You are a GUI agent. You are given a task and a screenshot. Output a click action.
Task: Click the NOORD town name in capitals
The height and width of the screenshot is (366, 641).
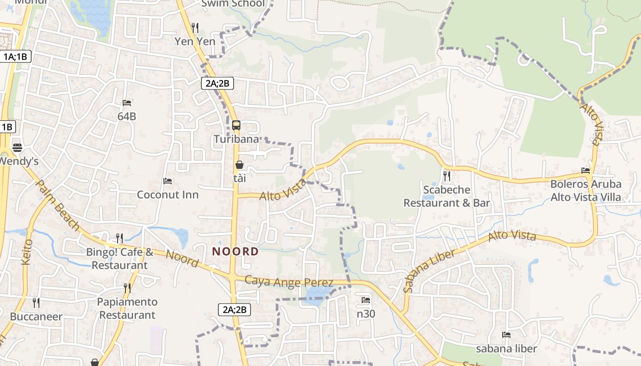tap(236, 251)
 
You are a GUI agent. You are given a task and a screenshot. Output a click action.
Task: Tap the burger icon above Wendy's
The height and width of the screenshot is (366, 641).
tap(17, 147)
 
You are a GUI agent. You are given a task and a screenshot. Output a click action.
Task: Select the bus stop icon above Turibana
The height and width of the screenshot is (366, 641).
tap(236, 125)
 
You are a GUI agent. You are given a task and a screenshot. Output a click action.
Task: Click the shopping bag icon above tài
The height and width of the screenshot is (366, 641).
tap(239, 164)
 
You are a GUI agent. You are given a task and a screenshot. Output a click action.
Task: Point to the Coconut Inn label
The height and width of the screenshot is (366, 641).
tap(168, 195)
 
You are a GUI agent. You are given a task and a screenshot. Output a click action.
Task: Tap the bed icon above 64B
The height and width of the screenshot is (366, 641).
tap(127, 103)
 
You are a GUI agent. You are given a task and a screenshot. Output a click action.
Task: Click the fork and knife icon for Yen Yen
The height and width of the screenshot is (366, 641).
tap(195, 28)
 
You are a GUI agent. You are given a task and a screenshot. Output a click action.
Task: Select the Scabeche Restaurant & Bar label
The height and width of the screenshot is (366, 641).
tap(446, 196)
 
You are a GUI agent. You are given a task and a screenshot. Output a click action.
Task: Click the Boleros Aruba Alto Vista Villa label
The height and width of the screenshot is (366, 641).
tap(586, 191)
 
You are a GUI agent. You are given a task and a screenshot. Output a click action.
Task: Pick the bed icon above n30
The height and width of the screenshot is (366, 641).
tap(366, 300)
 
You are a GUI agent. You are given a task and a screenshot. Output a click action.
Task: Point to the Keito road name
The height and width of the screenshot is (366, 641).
tap(27, 252)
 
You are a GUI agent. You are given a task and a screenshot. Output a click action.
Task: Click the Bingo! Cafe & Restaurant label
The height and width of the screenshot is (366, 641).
tap(120, 258)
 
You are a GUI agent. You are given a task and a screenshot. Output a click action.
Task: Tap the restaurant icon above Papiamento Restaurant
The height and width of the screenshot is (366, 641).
tap(127, 288)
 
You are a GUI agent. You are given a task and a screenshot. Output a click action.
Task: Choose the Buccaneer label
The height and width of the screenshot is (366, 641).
tap(36, 317)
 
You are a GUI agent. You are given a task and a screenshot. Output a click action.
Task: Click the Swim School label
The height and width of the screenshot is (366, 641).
tap(234, 4)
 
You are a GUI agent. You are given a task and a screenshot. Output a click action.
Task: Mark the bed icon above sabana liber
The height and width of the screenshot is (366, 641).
tap(506, 335)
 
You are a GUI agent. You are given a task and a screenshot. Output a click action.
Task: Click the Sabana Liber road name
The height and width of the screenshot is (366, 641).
tap(429, 271)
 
